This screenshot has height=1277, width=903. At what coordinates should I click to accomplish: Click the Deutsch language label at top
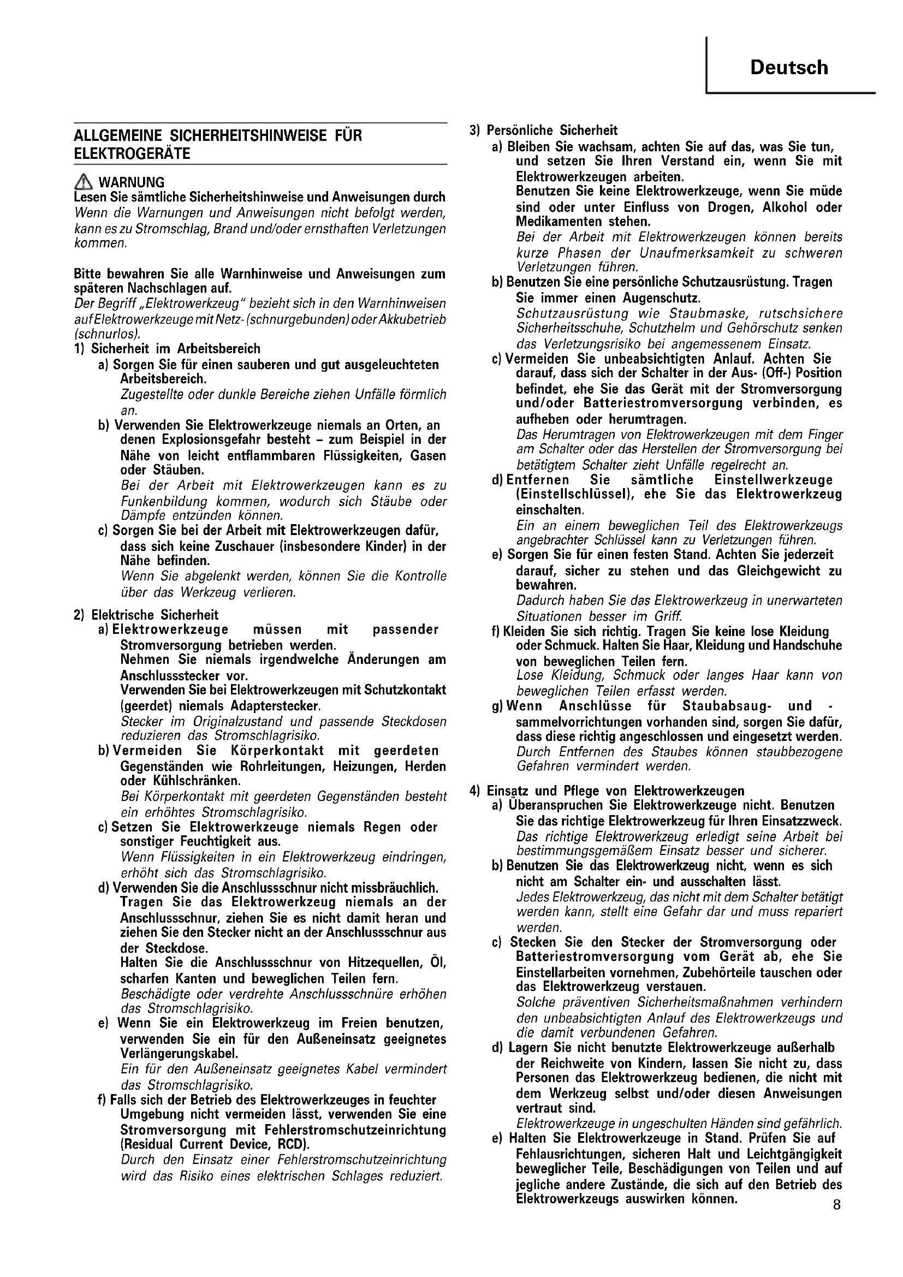pos(788,68)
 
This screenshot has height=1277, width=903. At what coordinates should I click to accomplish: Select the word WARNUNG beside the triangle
pos(131,182)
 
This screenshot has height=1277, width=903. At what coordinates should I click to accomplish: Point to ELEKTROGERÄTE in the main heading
pos(132,153)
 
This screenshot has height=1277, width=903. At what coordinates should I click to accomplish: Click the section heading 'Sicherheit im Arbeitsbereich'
pos(176,349)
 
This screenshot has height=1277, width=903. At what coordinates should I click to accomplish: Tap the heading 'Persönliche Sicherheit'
pos(552,130)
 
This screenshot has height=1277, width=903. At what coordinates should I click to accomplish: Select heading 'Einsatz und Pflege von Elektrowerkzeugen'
pos(615,791)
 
